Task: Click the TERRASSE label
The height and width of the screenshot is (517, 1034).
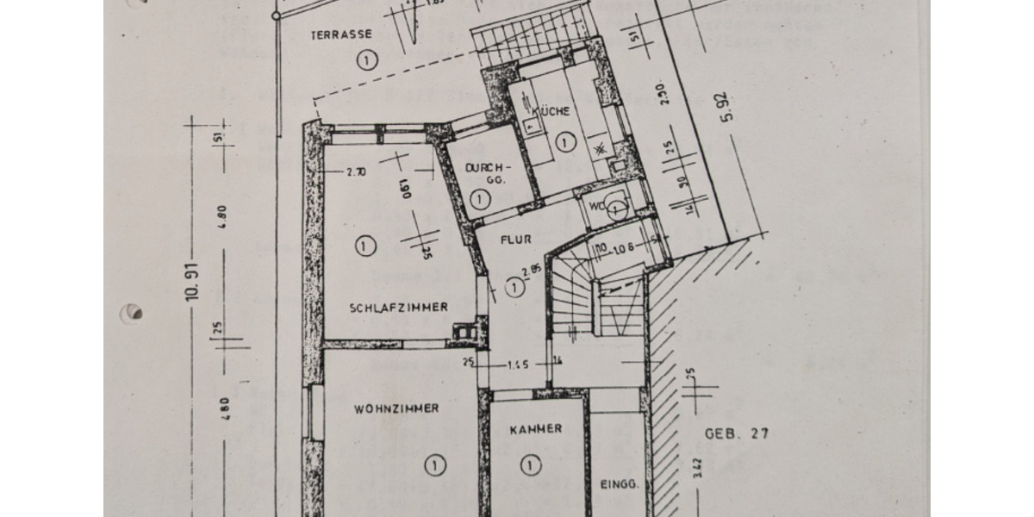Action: (x=343, y=35)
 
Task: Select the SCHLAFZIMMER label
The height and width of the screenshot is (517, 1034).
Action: (x=398, y=308)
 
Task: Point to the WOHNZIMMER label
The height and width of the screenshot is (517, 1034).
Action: (x=396, y=408)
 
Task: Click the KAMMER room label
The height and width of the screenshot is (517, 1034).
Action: (x=535, y=428)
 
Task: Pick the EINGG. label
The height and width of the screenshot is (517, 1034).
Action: (x=619, y=485)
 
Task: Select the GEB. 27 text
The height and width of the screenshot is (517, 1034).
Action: (x=736, y=433)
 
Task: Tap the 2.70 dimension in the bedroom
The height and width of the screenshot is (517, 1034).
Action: (x=356, y=171)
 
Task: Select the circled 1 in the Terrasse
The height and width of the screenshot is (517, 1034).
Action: (x=367, y=59)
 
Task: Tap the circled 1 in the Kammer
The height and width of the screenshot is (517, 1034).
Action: (x=527, y=466)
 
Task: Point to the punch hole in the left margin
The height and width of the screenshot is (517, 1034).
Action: (x=133, y=312)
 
